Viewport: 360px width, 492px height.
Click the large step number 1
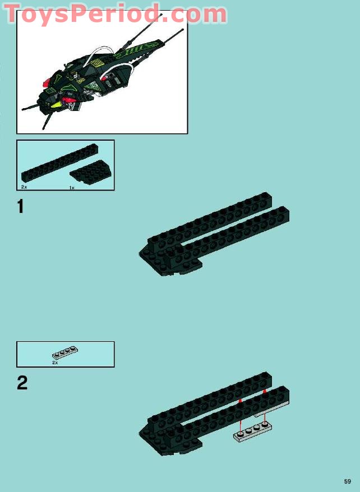[x=20, y=207]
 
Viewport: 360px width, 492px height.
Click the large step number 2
[x=22, y=383]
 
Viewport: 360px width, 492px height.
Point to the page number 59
[x=347, y=481]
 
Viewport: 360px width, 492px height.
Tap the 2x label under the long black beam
[x=24, y=187]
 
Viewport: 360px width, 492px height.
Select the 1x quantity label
[x=72, y=188]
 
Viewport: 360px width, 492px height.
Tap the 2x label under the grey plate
[x=55, y=363]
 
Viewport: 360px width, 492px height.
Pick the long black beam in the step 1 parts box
[x=59, y=163]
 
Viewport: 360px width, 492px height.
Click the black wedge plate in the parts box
[x=91, y=172]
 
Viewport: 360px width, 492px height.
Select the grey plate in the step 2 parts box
[x=65, y=352]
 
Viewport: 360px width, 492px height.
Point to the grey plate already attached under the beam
[x=272, y=410]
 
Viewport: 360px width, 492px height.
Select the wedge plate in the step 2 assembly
[x=169, y=440]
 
